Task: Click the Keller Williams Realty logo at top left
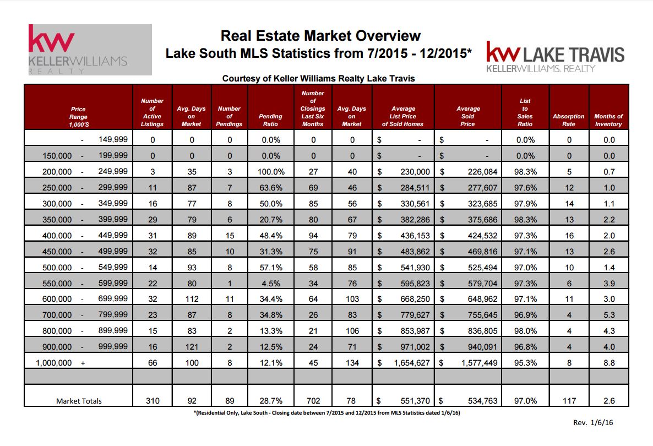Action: tap(90, 50)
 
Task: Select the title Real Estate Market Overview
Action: tap(320, 36)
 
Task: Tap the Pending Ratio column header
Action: tap(270, 120)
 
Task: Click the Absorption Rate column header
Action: tap(568, 120)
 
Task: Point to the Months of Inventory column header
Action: tap(608, 120)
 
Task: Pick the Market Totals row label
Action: tap(79, 401)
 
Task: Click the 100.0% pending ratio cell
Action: tap(270, 172)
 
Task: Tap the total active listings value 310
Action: tap(153, 401)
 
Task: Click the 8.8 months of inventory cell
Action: tap(608, 363)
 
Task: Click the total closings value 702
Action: tap(313, 401)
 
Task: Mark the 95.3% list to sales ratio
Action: tap(525, 363)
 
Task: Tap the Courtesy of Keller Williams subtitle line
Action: tap(318, 79)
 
